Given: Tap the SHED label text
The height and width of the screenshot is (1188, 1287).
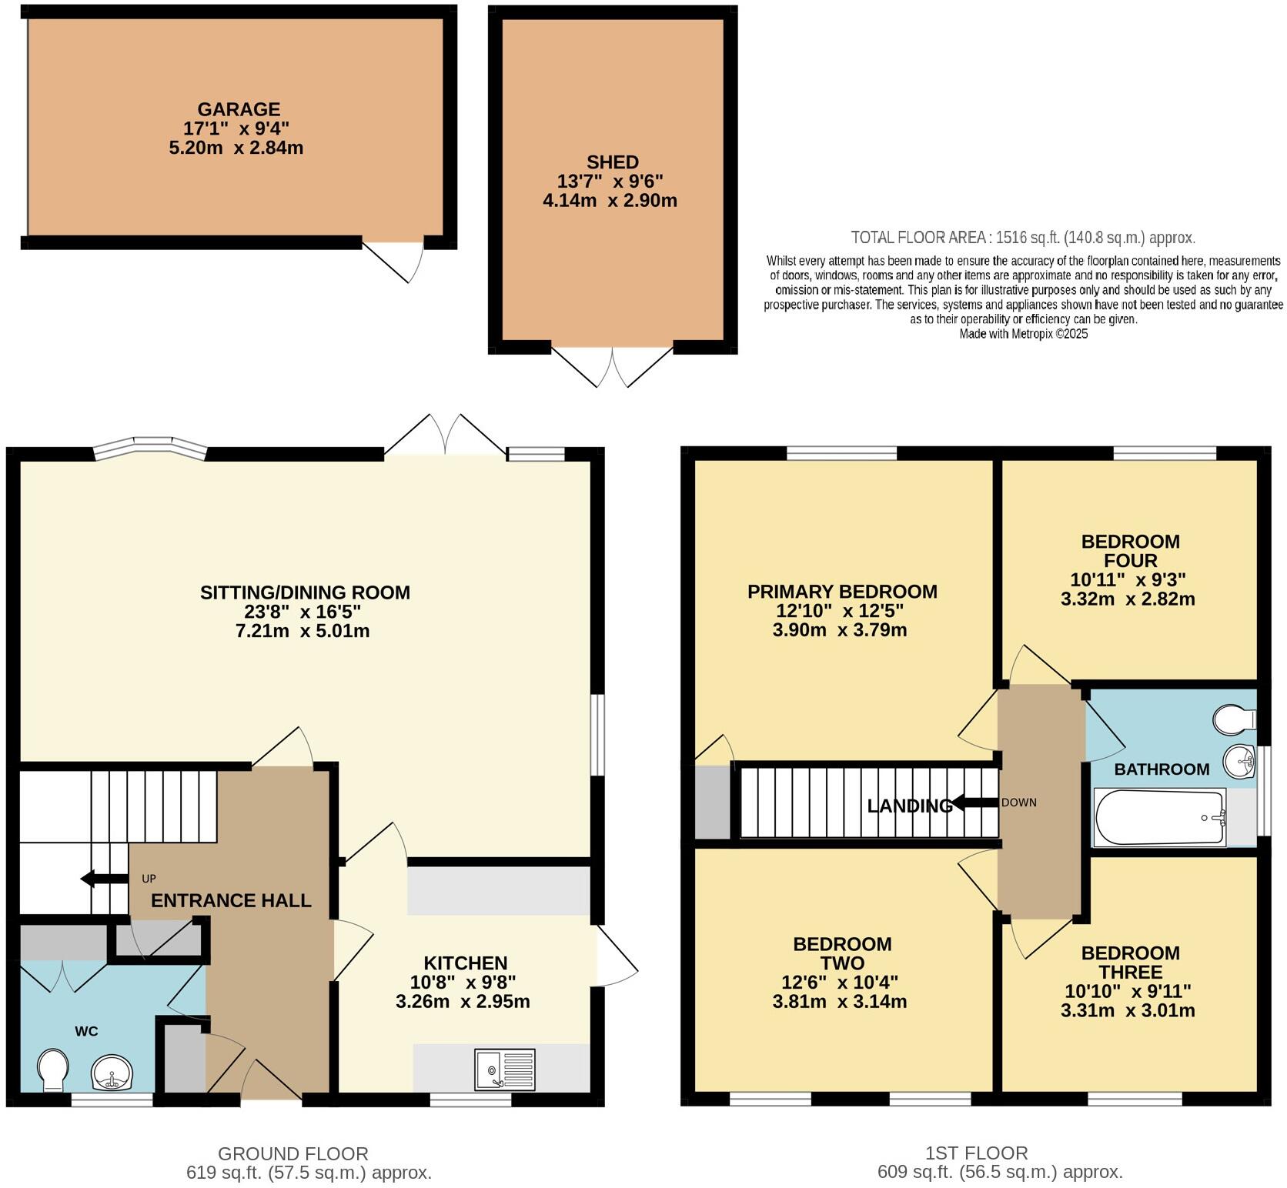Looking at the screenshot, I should click(612, 162).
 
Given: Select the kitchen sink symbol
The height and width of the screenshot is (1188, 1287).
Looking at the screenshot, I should click(505, 1070).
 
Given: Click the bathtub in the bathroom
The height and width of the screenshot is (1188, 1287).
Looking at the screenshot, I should click(1159, 817).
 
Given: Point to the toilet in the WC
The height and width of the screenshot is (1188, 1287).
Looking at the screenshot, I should click(53, 1071).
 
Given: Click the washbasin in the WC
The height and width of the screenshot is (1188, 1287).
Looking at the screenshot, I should click(112, 1073).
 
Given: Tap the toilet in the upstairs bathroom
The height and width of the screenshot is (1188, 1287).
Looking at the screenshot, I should click(1233, 720).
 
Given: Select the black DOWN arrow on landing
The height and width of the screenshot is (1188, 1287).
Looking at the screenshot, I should click(974, 803).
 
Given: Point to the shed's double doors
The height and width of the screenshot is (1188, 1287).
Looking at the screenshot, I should click(613, 367).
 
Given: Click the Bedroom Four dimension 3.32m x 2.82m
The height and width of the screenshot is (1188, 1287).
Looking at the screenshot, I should click(1128, 599).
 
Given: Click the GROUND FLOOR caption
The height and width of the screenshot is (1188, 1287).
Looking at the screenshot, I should click(292, 1153).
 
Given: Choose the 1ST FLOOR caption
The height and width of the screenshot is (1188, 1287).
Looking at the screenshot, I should click(976, 1153).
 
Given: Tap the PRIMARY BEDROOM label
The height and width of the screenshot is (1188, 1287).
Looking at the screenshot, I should click(842, 592).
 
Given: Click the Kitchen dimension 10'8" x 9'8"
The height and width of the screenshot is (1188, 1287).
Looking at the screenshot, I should click(463, 983).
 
